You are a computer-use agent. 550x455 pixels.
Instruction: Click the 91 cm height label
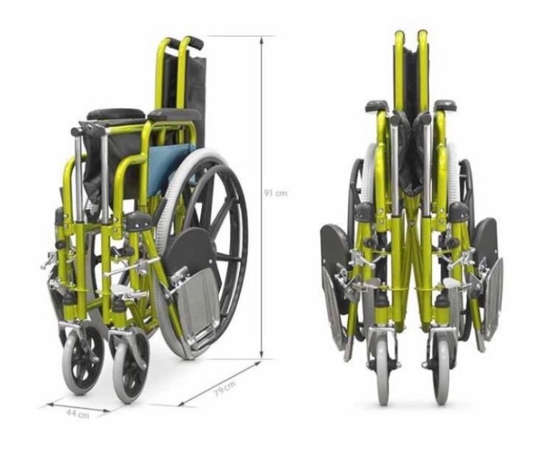coord(275,193)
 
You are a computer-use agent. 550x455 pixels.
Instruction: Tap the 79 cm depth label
coord(225,388)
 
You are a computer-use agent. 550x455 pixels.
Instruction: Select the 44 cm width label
coord(77,414)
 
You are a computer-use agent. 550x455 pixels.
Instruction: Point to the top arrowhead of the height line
coord(261,39)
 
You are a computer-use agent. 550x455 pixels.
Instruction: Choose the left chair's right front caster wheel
coord(131,366)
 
